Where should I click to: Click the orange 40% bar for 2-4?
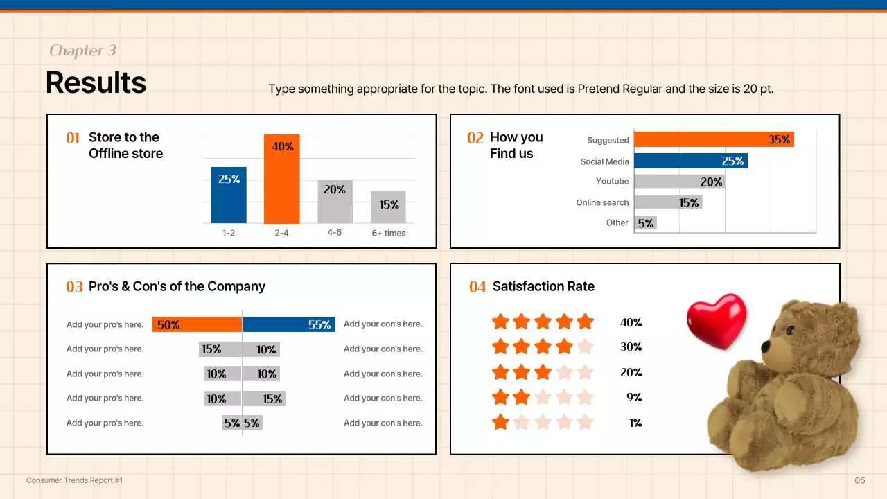(x=281, y=179)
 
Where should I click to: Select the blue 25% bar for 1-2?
(x=229, y=195)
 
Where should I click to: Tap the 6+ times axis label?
(x=388, y=233)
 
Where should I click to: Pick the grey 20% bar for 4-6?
(x=335, y=202)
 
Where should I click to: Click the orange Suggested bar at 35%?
(x=714, y=139)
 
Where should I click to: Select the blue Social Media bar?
(x=690, y=161)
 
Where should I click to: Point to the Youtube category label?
(x=612, y=181)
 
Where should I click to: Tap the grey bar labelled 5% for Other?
(x=645, y=222)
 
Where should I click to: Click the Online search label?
(x=602, y=202)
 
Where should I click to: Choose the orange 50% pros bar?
(x=197, y=324)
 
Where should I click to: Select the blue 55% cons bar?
(x=288, y=324)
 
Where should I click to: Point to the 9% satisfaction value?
(x=633, y=397)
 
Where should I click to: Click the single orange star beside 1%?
(x=500, y=422)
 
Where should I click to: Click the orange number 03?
(x=74, y=287)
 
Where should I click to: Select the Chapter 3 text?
(x=82, y=51)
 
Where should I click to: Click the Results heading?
(x=96, y=82)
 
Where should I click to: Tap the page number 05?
(x=860, y=480)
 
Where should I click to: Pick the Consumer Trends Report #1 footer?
(x=74, y=480)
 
